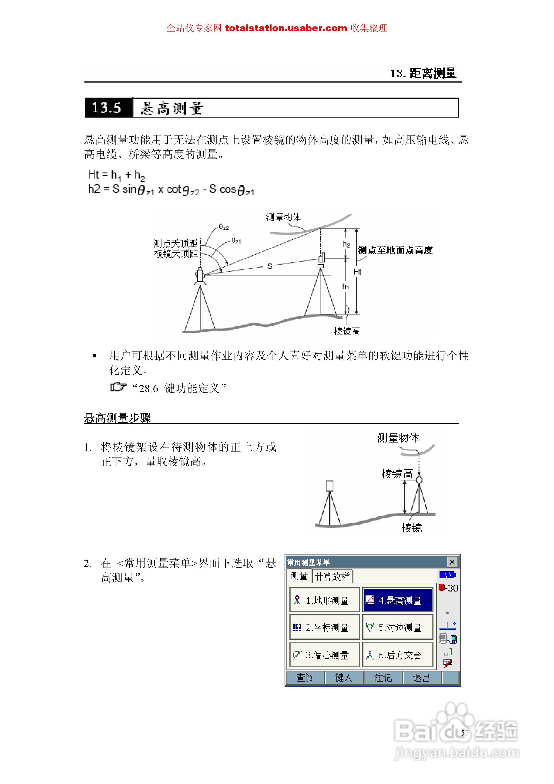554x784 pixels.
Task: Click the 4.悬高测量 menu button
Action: click(x=397, y=600)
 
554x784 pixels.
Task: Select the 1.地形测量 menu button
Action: click(x=324, y=600)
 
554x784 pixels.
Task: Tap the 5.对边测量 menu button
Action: click(x=397, y=627)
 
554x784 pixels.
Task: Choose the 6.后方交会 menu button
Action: click(x=397, y=655)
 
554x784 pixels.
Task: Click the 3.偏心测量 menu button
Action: click(x=324, y=655)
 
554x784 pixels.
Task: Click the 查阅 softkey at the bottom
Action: click(x=305, y=678)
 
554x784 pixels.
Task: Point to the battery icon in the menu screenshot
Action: click(x=447, y=575)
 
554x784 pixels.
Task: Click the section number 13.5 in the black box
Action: click(x=107, y=108)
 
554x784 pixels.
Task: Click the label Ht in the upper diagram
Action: click(x=357, y=272)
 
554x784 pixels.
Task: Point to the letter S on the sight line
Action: click(x=270, y=266)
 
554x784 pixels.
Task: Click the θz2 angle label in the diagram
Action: click(x=224, y=227)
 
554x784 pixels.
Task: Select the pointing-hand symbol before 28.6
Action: click(x=118, y=387)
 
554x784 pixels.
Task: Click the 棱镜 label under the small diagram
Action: click(x=412, y=528)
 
